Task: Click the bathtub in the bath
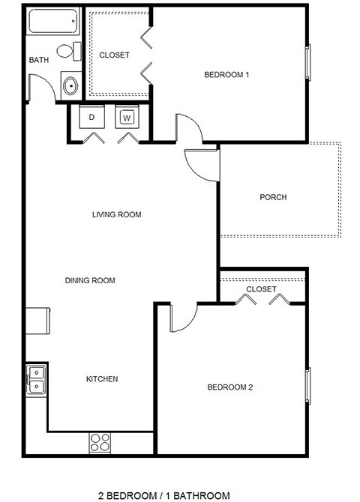pyautogui.click(x=53, y=21)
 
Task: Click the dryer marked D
pyautogui.click(x=91, y=117)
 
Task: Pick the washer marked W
pyautogui.click(x=127, y=117)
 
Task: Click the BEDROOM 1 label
pyautogui.click(x=226, y=75)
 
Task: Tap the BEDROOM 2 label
pyautogui.click(x=229, y=387)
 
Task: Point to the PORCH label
pyautogui.click(x=273, y=198)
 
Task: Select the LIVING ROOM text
pyautogui.click(x=116, y=215)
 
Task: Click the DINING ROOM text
pyautogui.click(x=90, y=281)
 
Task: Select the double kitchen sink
pyautogui.click(x=35, y=378)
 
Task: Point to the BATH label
pyautogui.click(x=38, y=60)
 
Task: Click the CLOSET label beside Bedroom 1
pyautogui.click(x=114, y=55)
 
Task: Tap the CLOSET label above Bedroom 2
pyautogui.click(x=261, y=289)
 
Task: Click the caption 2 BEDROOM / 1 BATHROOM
pyautogui.click(x=164, y=495)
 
